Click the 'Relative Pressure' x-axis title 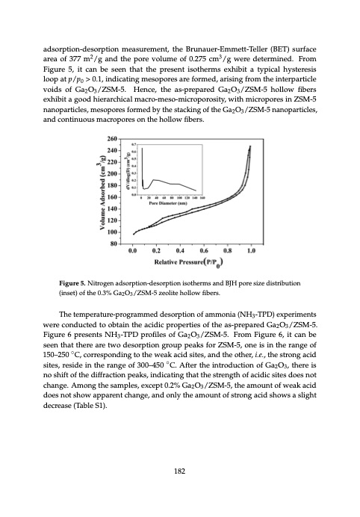click(189, 263)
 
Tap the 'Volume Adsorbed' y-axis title click(105, 191)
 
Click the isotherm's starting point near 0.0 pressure click(134, 234)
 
